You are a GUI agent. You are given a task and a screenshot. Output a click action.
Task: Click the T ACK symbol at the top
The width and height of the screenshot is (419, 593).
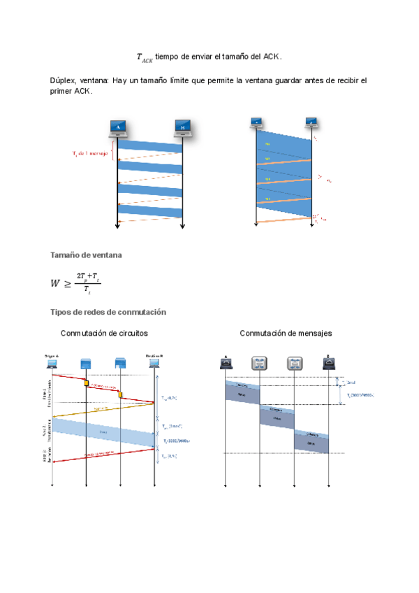point(144,57)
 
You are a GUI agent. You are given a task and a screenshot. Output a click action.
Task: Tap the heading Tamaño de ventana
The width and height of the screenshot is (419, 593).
point(86,255)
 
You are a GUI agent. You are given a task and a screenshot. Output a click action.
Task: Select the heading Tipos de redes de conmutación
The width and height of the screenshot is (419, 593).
point(108,311)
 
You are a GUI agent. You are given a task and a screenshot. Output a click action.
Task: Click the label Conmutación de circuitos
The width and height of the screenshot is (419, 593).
point(104,334)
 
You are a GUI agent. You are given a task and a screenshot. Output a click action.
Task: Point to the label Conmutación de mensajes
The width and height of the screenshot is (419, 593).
point(286,334)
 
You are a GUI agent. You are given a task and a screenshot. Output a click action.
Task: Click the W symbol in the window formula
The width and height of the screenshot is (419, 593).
point(55,283)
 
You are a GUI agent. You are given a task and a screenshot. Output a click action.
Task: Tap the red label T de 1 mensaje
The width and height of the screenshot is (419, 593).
point(91,153)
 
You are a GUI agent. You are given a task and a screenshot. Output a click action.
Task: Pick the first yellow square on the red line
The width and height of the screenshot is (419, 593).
point(86,383)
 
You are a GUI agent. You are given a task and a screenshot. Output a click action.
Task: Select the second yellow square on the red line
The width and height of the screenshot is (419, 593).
point(120,395)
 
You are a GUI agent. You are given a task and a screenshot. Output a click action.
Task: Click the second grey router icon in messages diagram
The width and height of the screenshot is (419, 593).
point(294,363)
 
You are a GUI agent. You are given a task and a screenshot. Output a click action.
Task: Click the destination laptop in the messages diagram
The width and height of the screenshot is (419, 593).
point(328,363)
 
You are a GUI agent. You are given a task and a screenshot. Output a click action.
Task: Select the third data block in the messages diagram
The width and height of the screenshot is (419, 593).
point(311,442)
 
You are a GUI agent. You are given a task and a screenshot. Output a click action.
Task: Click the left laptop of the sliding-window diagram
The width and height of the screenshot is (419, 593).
point(256,124)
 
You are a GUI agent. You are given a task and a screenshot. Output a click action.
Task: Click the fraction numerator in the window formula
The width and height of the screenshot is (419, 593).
point(88,277)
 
